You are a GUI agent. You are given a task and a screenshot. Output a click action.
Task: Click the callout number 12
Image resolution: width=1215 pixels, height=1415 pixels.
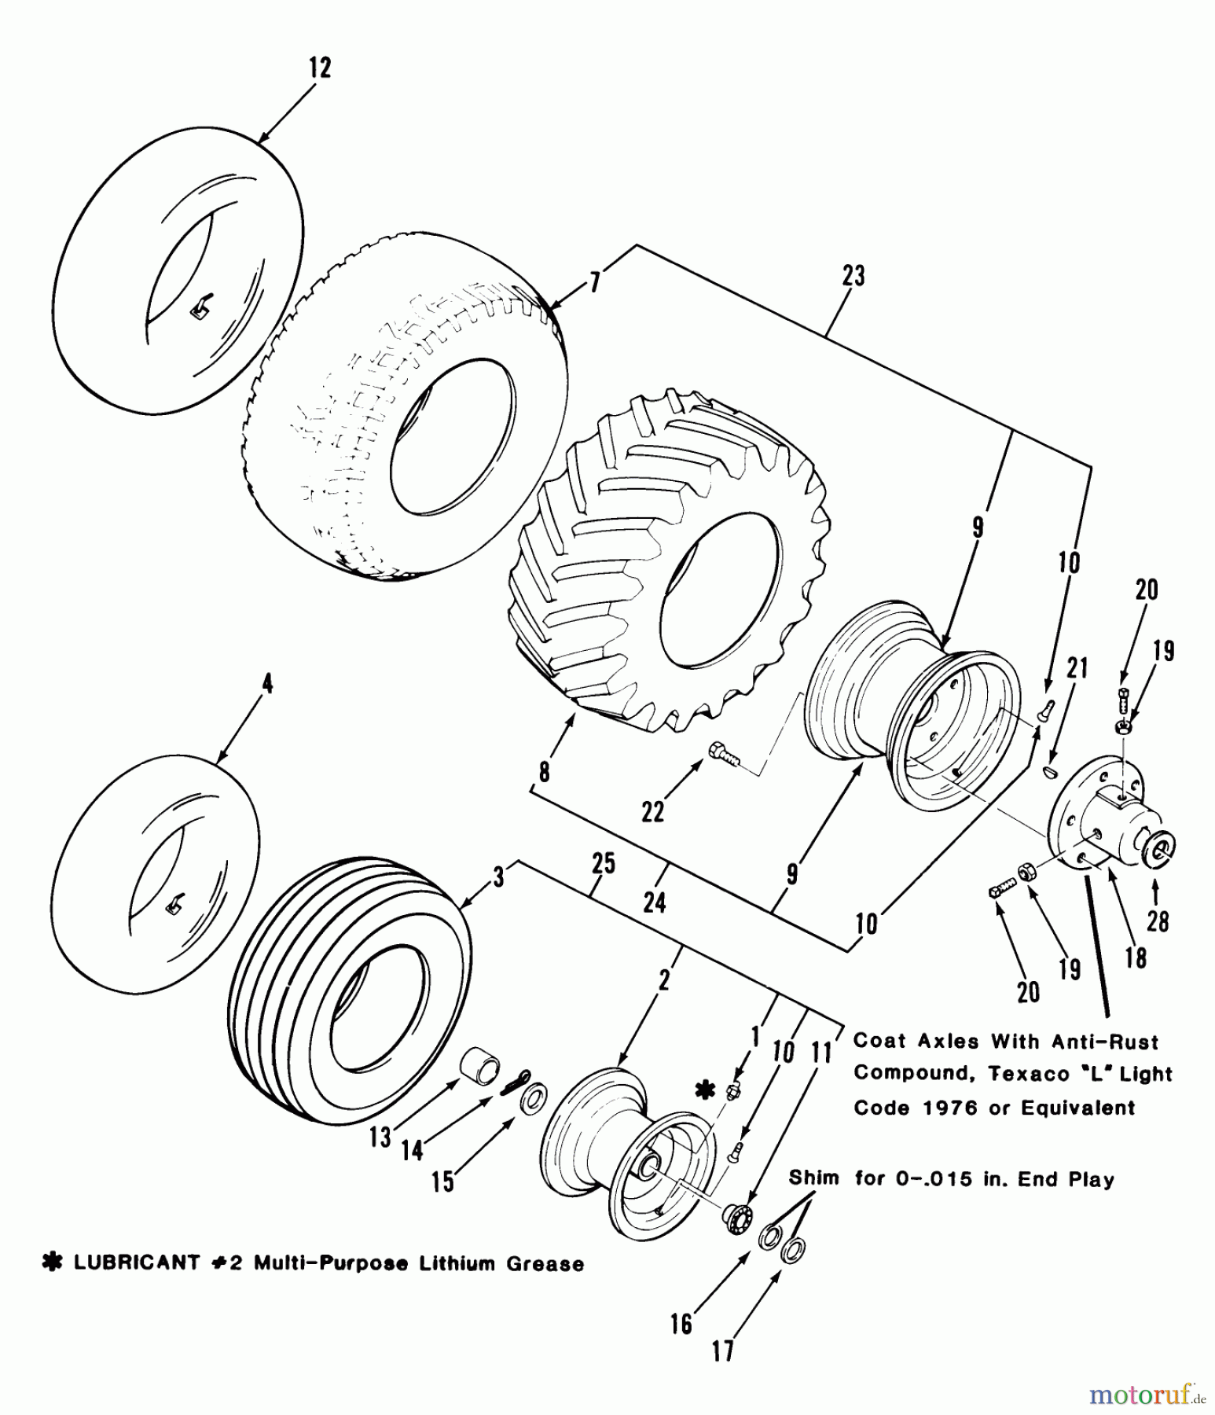pos(320,68)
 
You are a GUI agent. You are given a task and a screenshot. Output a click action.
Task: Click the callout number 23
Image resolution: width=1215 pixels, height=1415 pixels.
pos(853,276)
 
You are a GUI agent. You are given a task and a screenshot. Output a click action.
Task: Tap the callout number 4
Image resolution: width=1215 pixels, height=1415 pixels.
pos(267,684)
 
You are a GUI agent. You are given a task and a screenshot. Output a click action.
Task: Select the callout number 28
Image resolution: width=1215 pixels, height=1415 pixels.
pos(1158,921)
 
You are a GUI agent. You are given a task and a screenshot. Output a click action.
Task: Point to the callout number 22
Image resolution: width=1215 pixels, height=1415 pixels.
pos(653,810)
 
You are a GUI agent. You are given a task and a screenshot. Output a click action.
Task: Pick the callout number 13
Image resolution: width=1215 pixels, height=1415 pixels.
pos(380,1136)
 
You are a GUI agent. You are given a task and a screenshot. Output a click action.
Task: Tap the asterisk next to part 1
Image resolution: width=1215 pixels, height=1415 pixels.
pos(705,1089)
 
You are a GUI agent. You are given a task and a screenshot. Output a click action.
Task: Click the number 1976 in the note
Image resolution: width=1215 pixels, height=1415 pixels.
pos(949,1108)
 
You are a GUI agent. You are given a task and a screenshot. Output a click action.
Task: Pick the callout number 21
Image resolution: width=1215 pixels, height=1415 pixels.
pos(1077,668)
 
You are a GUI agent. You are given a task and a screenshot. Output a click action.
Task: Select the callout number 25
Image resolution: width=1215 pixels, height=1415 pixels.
pos(604,863)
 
